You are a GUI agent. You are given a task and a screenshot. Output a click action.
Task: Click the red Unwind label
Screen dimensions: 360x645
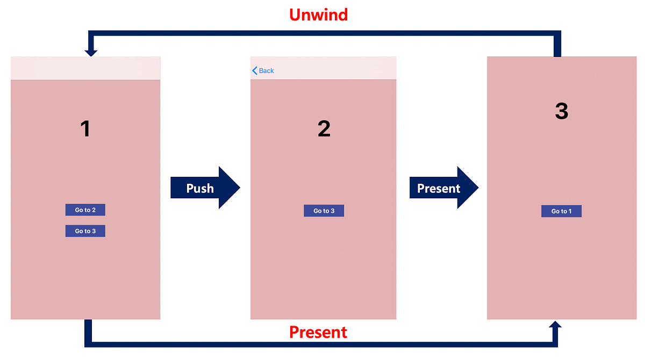319,14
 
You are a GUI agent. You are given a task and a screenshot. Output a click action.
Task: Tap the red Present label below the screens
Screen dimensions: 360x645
318,332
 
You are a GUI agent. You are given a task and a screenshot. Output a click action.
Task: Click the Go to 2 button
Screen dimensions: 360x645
85,210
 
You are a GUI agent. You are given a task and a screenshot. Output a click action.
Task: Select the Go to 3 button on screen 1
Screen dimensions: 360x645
85,231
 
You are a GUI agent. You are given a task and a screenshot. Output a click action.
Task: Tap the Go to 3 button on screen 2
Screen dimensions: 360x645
324,211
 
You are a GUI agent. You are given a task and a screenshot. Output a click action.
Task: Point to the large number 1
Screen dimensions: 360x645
85,129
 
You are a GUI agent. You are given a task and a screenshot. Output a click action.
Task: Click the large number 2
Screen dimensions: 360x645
324,129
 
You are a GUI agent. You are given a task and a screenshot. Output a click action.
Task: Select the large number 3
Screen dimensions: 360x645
562,111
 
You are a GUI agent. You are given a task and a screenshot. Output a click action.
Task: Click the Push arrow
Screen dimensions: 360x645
205,188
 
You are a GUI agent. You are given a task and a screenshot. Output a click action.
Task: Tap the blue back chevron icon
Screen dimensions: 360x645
255,71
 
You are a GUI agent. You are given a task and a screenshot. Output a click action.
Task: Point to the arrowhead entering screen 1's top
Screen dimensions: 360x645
91,53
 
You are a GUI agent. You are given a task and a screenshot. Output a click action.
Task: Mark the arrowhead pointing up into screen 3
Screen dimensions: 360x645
556,325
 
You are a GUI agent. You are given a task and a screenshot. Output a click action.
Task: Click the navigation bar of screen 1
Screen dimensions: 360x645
85,68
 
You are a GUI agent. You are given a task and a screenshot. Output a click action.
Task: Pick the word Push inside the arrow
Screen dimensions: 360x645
200,189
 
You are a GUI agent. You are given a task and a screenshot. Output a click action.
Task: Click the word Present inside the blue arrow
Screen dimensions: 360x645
439,189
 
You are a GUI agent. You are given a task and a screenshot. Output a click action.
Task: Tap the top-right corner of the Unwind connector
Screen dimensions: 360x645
557,34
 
